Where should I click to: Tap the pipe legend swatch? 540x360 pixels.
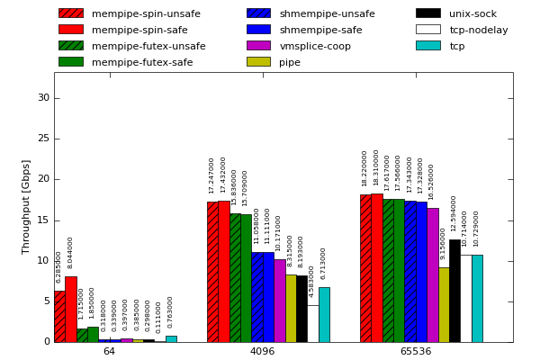click(x=258, y=62)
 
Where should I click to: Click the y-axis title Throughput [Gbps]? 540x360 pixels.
click(x=26, y=207)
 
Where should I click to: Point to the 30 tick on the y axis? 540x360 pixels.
click(x=43, y=98)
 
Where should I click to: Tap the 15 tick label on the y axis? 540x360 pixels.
click(x=43, y=220)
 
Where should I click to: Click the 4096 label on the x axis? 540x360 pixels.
click(x=262, y=351)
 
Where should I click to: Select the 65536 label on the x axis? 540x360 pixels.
click(x=415, y=351)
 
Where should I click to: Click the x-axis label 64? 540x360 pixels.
click(x=109, y=351)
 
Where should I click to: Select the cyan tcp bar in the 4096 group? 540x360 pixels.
click(x=324, y=315)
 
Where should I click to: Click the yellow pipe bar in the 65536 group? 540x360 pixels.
click(x=444, y=304)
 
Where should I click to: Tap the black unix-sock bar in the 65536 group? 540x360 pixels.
click(x=454, y=291)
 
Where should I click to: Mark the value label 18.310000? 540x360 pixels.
click(x=376, y=167)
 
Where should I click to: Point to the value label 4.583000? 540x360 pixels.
click(x=312, y=281)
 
